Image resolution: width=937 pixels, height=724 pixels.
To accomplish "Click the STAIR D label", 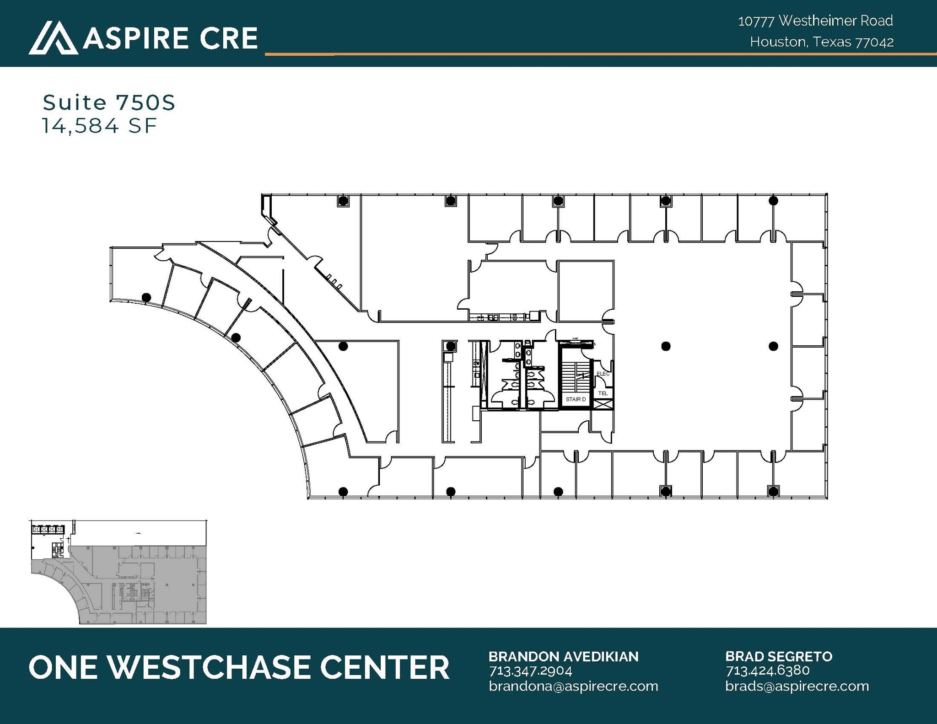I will [x=576, y=399].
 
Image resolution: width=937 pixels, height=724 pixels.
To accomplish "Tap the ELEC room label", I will [x=603, y=374].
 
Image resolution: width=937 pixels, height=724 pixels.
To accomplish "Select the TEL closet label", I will [x=603, y=393].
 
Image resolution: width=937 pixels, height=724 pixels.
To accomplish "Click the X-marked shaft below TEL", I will [x=603, y=404].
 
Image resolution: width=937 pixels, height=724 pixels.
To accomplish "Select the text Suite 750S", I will [x=109, y=102].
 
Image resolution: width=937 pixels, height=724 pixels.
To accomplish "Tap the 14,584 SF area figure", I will [x=100, y=126].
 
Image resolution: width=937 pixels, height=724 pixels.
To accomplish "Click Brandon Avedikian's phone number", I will [x=530, y=671].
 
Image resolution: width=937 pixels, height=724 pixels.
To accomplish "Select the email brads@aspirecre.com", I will [x=797, y=686].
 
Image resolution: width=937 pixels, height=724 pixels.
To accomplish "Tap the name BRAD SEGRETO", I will [x=778, y=656].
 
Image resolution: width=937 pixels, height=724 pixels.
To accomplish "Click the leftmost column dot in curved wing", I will [x=146, y=297].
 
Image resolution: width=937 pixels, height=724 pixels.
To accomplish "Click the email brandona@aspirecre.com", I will [x=573, y=686].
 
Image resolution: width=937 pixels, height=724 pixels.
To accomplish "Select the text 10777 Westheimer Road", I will [x=815, y=21].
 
